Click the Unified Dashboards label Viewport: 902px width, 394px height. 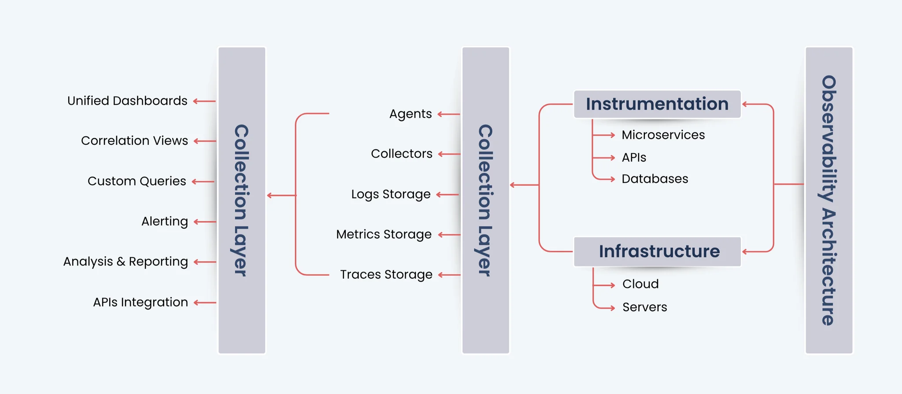coord(127,101)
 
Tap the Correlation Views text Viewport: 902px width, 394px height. coord(134,141)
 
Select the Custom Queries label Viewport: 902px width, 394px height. coord(137,181)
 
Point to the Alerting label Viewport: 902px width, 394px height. coord(164,221)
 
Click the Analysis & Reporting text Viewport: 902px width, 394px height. coord(126,261)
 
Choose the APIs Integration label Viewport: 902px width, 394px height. coord(140,302)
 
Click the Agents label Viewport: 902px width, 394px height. coord(410,114)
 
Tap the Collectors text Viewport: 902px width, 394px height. coord(401,154)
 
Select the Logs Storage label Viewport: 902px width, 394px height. coord(391,194)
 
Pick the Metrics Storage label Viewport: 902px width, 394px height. coord(384,234)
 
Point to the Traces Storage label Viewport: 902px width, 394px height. coord(386,275)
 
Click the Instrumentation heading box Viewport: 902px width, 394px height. coord(657,104)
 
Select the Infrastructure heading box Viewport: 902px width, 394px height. coord(657,251)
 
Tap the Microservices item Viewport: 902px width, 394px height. coord(663,135)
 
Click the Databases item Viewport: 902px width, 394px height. coord(654,179)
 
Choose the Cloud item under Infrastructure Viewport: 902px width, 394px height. coord(640,284)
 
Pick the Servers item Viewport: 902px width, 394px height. coord(644,307)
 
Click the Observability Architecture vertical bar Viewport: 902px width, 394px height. coord(829,200)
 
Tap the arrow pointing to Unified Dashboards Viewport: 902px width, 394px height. coord(204,101)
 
